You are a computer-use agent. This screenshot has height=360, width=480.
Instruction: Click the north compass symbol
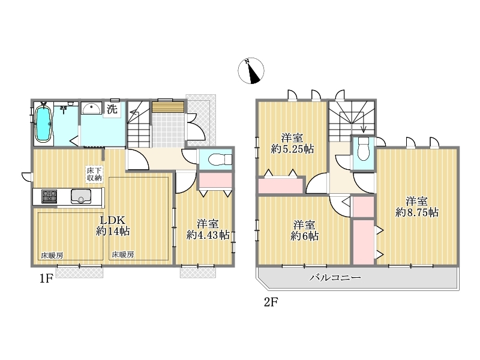tap(251, 71)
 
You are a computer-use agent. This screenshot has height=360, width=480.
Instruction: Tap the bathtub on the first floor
tap(43, 124)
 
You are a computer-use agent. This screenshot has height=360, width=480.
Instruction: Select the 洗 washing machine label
tap(112, 109)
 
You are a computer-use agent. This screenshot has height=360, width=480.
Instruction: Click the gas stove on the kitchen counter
tap(49, 196)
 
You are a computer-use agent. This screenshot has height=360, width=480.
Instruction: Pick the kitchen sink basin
tap(81, 196)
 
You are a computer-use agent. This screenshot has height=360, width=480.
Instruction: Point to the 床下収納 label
tap(94, 174)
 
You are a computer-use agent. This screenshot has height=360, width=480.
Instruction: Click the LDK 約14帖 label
tap(113, 226)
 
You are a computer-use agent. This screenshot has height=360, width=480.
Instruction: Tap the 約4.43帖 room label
tap(208, 229)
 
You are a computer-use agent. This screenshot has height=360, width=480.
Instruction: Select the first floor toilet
tap(220, 159)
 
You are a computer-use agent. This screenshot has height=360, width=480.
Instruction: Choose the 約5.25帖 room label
tap(292, 143)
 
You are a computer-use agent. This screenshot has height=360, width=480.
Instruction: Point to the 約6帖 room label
tap(304, 230)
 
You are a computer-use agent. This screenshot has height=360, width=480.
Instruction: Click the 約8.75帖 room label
tap(416, 207)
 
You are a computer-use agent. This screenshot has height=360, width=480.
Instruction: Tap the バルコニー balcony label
tap(335, 278)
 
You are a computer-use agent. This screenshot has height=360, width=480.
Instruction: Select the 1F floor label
tap(46, 279)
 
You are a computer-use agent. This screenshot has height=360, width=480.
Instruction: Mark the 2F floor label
tap(271, 302)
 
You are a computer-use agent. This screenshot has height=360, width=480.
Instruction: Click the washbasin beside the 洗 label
tap(92, 108)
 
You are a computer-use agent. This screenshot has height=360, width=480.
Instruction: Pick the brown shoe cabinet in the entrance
tap(168, 107)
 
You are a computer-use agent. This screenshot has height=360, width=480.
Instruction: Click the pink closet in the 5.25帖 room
tap(281, 185)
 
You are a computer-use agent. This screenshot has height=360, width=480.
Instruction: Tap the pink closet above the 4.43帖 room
tap(215, 181)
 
